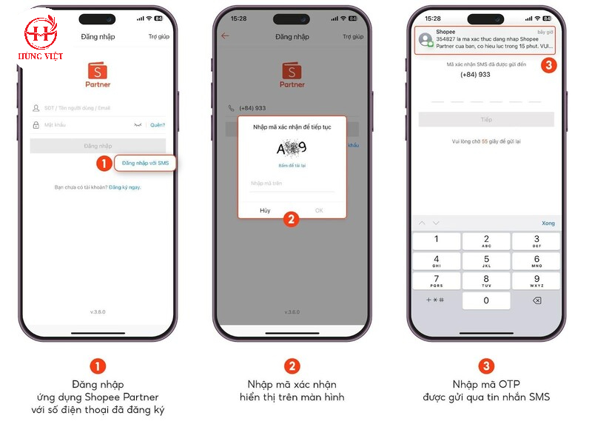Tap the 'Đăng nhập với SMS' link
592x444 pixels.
145,163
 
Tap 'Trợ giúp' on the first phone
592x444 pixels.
158,36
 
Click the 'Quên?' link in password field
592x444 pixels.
158,125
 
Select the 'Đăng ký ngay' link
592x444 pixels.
124,187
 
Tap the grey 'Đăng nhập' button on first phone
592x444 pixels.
98,146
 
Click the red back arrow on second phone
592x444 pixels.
225,36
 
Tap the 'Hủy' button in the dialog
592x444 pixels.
265,211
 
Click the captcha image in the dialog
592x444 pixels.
292,148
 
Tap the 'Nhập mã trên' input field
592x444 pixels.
292,183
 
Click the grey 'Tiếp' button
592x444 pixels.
486,119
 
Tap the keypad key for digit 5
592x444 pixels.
486,261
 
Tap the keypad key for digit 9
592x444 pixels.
536,281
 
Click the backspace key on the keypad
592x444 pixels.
536,300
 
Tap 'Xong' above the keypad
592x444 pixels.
548,223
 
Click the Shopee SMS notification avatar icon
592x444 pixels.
425,40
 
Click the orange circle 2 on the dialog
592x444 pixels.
292,219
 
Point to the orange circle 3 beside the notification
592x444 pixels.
548,65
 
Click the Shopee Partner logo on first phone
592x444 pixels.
98,73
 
